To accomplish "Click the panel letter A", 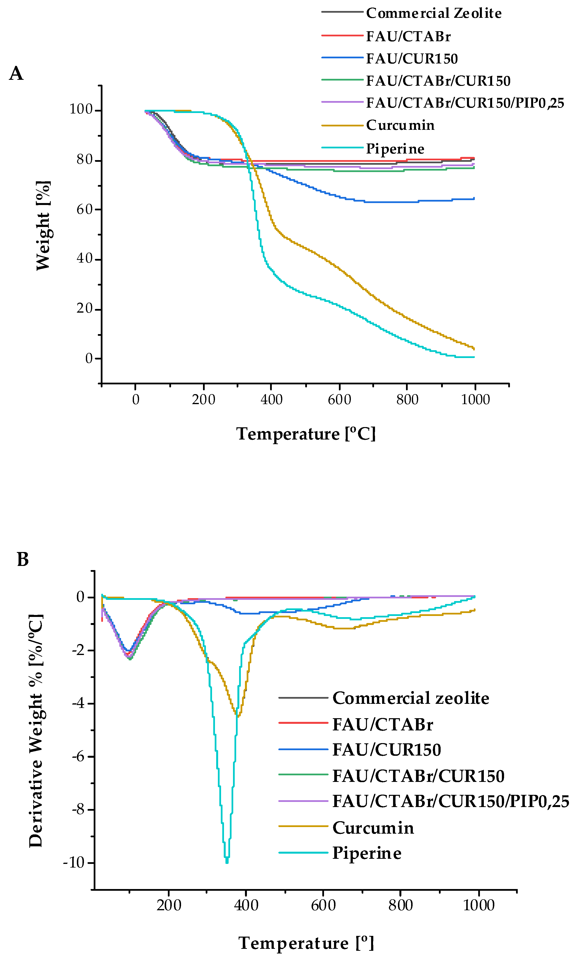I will point(16,73).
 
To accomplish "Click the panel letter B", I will point(23,559).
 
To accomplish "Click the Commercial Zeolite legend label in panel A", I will point(434,13).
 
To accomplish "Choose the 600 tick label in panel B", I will point(323,905).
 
